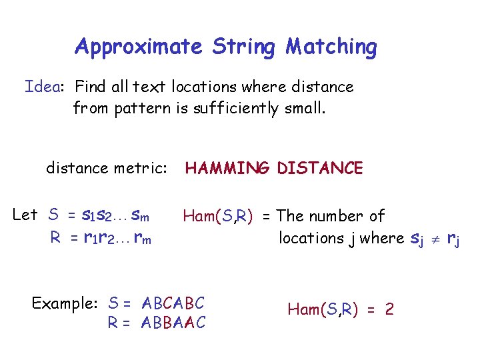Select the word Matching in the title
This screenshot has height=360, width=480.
(331, 47)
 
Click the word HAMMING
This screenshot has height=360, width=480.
(227, 168)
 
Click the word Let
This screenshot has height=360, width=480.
(25, 215)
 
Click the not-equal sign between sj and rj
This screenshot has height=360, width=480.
(433, 238)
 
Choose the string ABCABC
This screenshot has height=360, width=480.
(173, 303)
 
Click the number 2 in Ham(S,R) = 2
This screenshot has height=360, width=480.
(389, 309)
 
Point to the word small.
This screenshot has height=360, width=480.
(305, 108)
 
